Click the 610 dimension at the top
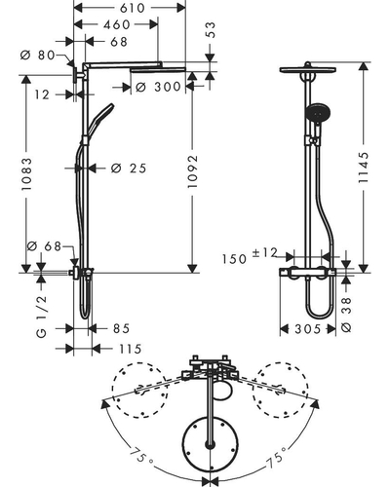click(x=132, y=8)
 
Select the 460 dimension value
click(x=117, y=24)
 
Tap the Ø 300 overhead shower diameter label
click(x=158, y=87)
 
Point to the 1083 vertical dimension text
click(x=26, y=173)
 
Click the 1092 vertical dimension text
click(x=192, y=171)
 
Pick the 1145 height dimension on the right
click(x=364, y=168)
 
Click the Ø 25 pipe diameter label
click(x=129, y=169)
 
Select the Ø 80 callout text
click(x=38, y=55)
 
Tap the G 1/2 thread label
click(x=41, y=317)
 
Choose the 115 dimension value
click(x=131, y=349)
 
